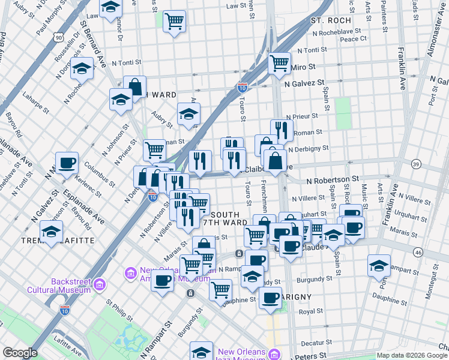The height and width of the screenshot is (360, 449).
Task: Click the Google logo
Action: pos(20,353)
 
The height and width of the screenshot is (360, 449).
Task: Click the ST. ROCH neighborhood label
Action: pos(330,20)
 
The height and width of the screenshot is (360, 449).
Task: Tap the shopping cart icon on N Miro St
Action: pos(279,62)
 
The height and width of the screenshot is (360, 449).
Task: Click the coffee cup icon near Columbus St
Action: pos(67,163)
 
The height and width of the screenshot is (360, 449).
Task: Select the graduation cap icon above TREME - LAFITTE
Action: pos(52,231)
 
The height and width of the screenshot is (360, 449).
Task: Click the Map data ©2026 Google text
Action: pos(412,355)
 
